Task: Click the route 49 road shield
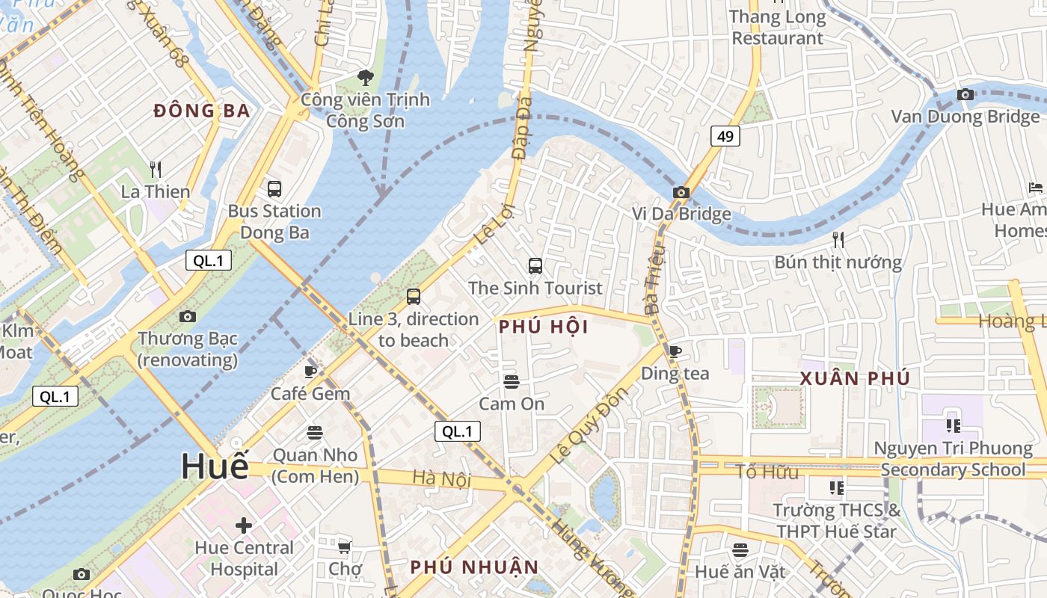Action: (725, 135)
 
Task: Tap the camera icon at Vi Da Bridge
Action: (681, 192)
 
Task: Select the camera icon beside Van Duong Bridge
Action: (965, 94)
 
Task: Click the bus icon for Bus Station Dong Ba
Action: (274, 188)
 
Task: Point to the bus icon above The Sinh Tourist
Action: (535, 265)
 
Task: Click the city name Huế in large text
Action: (215, 466)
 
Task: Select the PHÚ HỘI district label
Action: (544, 327)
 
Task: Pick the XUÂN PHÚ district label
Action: (855, 378)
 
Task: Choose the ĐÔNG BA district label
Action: (201, 111)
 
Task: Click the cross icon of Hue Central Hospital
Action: (244, 525)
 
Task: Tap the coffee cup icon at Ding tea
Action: (675, 351)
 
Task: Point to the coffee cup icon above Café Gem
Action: (310, 372)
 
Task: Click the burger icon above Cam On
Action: (512, 382)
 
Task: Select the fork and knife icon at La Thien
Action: (156, 169)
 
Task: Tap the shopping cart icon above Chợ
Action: (345, 547)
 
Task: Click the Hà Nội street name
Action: (441, 478)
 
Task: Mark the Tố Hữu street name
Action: (767, 472)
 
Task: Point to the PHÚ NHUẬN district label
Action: (474, 567)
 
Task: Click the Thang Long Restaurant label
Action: (777, 27)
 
